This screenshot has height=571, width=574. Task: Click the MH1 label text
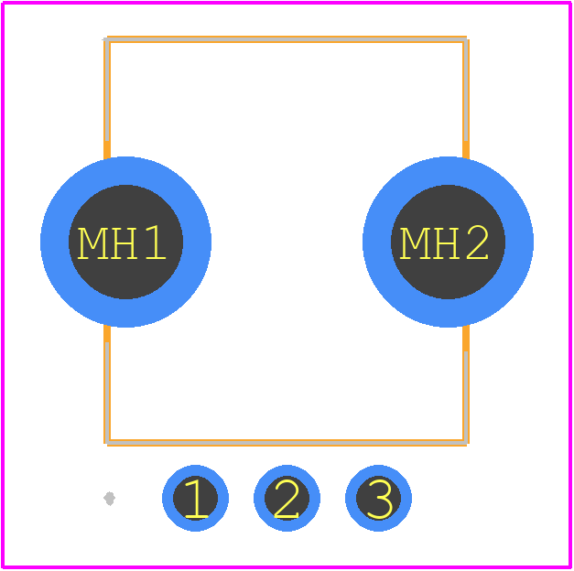(x=122, y=243)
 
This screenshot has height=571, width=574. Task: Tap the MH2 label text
(x=444, y=243)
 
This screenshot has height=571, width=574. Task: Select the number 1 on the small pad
(x=196, y=499)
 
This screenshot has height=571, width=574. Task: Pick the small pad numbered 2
(x=287, y=498)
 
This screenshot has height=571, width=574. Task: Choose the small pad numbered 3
(x=378, y=498)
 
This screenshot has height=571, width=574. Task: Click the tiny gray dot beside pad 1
(x=110, y=499)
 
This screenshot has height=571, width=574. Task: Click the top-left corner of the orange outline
(x=107, y=39)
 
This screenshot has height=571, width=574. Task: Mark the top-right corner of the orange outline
(x=466, y=39)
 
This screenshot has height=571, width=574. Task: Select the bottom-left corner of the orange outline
(x=107, y=443)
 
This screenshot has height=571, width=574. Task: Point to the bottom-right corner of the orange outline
(x=466, y=443)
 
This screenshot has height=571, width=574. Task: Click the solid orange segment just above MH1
(x=107, y=150)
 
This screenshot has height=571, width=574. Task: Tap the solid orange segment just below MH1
(x=107, y=333)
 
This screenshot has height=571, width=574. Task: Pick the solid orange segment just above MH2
(x=466, y=150)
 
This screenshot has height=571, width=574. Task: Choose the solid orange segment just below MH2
(x=466, y=338)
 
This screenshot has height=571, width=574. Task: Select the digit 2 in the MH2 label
(x=477, y=242)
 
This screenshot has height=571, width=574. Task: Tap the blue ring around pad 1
(x=168, y=498)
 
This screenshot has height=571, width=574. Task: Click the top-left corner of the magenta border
(x=3, y=3)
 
